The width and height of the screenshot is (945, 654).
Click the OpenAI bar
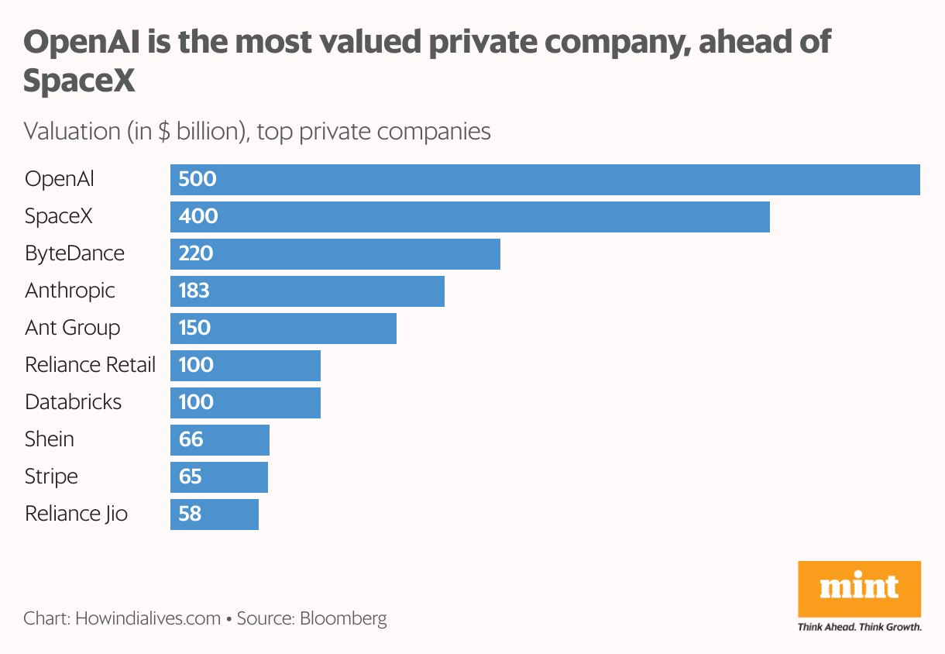(545, 180)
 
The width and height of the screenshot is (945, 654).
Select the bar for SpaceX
(469, 216)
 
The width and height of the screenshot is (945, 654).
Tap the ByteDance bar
(335, 253)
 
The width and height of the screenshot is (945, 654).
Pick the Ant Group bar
(283, 328)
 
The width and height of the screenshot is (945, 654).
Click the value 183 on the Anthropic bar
(194, 291)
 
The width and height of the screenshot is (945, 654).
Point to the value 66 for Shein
(191, 439)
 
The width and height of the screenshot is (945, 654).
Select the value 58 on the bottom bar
(190, 514)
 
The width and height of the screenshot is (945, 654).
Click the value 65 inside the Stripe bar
(190, 477)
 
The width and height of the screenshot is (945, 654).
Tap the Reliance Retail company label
(90, 365)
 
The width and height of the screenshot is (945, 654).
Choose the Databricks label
(74, 402)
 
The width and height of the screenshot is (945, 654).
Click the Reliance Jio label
(76, 514)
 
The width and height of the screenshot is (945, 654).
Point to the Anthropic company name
(70, 291)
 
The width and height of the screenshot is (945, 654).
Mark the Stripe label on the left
(51, 477)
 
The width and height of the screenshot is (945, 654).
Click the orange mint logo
(859, 588)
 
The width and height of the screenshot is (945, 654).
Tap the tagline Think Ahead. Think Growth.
(859, 626)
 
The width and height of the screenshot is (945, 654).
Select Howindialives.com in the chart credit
(148, 618)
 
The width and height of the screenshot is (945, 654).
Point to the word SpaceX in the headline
(79, 81)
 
